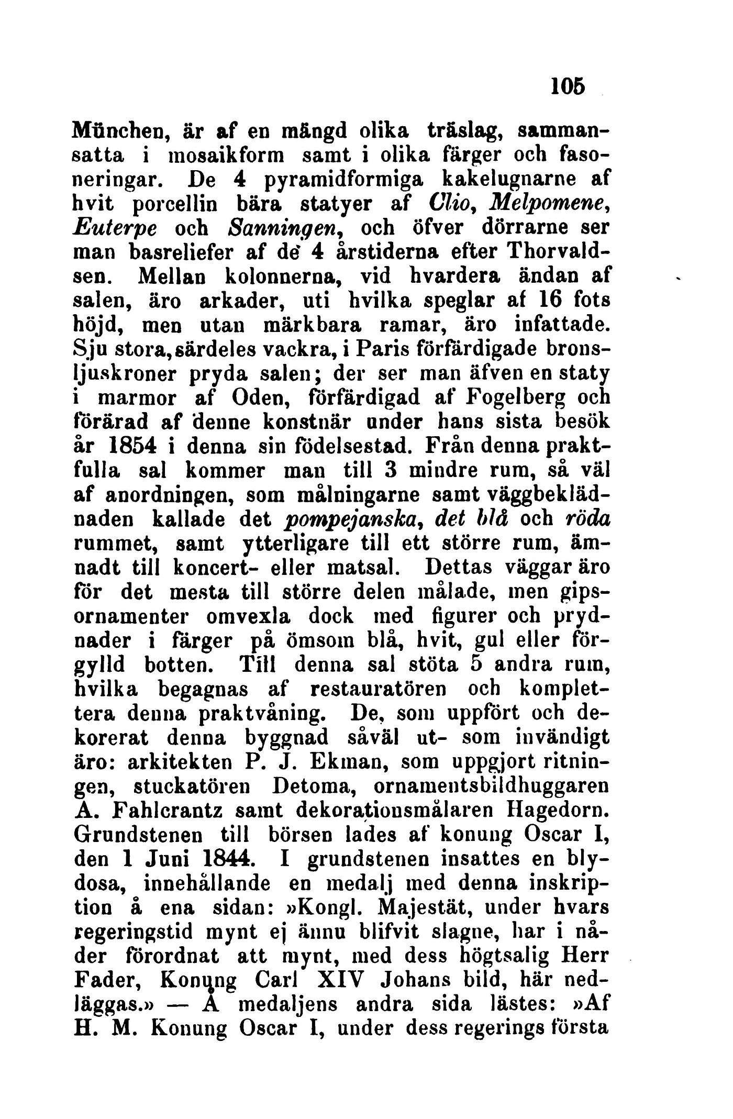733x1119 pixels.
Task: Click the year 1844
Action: tap(219, 859)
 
